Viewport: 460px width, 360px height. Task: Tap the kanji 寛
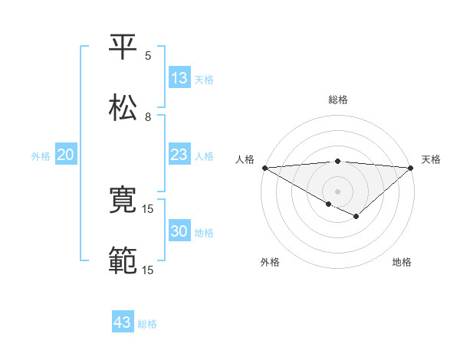123,200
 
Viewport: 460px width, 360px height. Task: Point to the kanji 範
123,261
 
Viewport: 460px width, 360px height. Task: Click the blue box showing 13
179,77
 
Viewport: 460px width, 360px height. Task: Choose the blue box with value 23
179,154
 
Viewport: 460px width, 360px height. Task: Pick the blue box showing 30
179,231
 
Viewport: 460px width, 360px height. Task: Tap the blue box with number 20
65,155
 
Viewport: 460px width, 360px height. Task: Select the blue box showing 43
123,322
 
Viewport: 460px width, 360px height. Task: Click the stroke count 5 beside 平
148,56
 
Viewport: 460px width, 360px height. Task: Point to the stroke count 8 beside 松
148,117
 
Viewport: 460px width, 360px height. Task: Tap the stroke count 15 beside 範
148,270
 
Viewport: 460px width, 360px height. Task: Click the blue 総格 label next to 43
147,324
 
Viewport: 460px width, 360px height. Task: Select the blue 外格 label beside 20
41,155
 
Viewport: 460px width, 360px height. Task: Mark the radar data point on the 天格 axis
412,168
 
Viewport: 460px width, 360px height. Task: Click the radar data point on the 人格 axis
264,168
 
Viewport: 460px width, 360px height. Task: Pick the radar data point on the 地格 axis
356,217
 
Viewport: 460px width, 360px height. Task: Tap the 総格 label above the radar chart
338,100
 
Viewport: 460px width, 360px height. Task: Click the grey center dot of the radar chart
338,191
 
